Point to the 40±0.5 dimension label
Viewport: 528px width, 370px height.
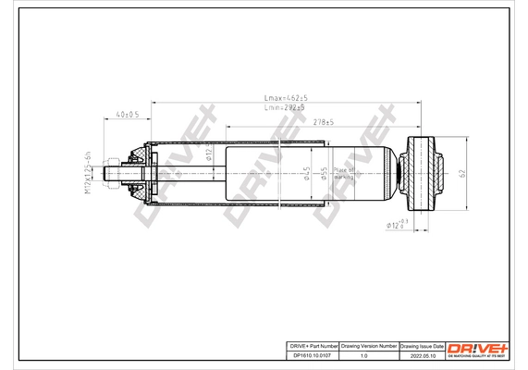(127, 116)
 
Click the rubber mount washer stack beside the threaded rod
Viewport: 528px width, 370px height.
(139, 173)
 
